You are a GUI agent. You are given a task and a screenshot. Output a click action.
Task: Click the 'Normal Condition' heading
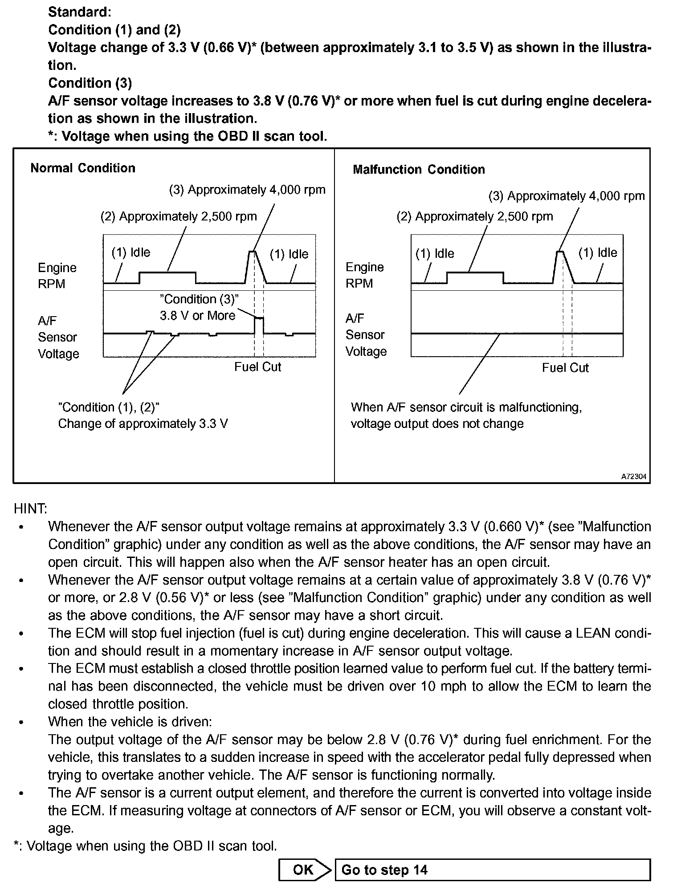coord(83,168)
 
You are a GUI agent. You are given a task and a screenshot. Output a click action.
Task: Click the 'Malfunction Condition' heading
coord(419,170)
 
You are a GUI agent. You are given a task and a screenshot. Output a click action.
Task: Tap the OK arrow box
coord(305,870)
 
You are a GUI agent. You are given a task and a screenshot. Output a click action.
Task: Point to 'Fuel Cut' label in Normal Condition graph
coord(258,367)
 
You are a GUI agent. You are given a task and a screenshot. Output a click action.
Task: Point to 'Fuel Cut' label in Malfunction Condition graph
coord(565,368)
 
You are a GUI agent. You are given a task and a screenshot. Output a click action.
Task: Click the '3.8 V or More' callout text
coord(197,316)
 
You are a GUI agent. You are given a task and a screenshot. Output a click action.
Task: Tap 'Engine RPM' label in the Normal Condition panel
coord(57,276)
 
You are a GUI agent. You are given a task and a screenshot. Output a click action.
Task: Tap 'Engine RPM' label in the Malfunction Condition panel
coord(364,275)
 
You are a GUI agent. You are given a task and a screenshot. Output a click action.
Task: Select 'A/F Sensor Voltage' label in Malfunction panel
coord(366,335)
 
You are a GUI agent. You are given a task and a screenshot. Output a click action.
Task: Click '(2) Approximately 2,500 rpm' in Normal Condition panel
coord(179,216)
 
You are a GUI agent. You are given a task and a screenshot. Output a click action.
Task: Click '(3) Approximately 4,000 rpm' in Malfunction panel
coord(567,196)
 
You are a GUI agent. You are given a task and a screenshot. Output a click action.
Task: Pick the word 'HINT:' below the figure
coord(30,509)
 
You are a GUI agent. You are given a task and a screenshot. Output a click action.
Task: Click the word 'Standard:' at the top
coord(80,12)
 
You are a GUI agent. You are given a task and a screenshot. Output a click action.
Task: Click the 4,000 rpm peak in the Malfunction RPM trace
coord(560,252)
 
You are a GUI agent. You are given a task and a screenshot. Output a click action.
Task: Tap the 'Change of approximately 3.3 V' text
coord(143,423)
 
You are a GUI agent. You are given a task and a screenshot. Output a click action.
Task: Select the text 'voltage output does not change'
coord(437,423)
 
